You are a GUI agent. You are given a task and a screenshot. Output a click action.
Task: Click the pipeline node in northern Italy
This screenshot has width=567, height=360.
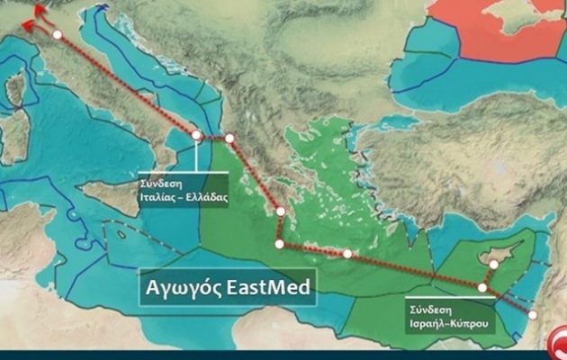point(58,34)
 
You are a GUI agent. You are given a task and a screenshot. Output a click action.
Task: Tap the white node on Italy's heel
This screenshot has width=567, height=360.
point(197,135)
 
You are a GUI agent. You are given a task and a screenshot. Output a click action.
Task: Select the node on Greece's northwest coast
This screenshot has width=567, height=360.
point(229,139)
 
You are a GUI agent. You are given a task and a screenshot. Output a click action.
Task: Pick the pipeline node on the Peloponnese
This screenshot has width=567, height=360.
point(281,212)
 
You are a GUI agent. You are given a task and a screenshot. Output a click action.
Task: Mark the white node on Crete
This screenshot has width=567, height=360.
point(347,254)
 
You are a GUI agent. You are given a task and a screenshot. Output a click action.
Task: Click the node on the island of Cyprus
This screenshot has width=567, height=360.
point(493,265)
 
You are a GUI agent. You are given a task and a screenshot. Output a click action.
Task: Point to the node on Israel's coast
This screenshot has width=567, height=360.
point(532,314)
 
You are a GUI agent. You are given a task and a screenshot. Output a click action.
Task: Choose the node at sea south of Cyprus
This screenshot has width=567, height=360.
point(482,288)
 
